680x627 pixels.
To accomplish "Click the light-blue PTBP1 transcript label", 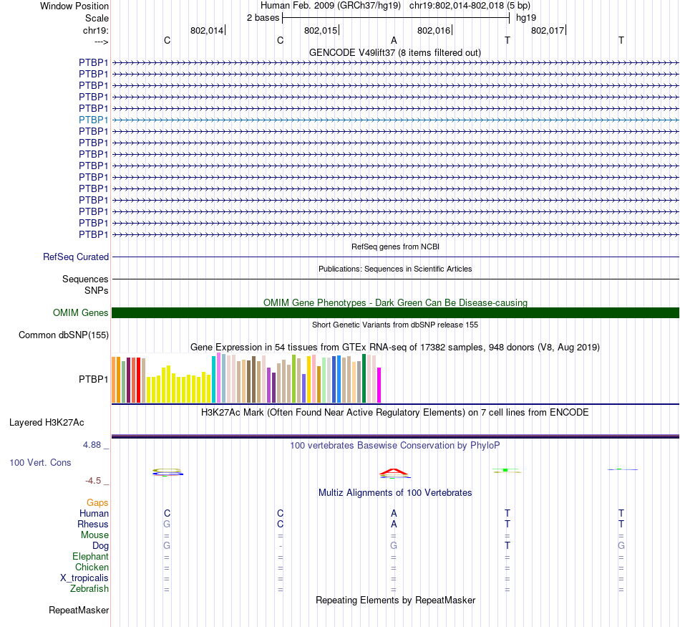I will coord(94,120).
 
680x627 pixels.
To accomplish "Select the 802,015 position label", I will coord(320,30).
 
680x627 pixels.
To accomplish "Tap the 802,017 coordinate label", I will coord(548,30).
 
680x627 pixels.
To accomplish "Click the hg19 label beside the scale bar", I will coord(526,17).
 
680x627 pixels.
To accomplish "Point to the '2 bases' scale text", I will coord(263,17).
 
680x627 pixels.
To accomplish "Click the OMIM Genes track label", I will coord(81,312).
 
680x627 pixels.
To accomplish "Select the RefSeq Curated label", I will coord(76,257).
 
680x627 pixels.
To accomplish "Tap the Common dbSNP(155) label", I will coord(64,335).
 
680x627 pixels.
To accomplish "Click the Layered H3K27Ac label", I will coord(47,422).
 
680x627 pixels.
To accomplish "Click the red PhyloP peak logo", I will coord(394,472).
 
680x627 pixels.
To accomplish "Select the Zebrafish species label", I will coord(89,589).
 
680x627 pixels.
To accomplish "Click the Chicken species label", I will coord(92,568).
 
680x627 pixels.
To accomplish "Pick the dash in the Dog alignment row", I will coord(281,546).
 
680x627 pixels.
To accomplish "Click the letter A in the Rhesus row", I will coord(394,524).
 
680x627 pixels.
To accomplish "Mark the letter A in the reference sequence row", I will coord(394,40).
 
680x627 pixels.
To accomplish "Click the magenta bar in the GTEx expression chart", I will coord(379,385).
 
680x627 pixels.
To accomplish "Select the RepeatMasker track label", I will coord(79,611).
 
